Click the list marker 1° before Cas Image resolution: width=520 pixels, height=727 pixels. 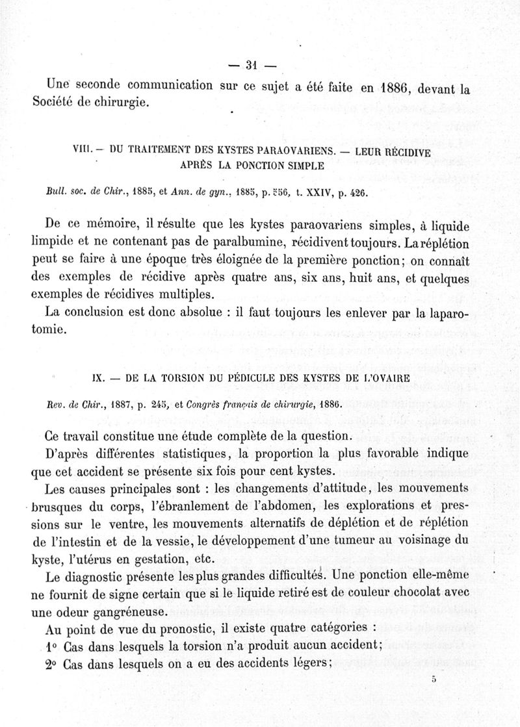(53, 646)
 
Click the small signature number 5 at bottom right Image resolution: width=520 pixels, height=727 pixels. (434, 680)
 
